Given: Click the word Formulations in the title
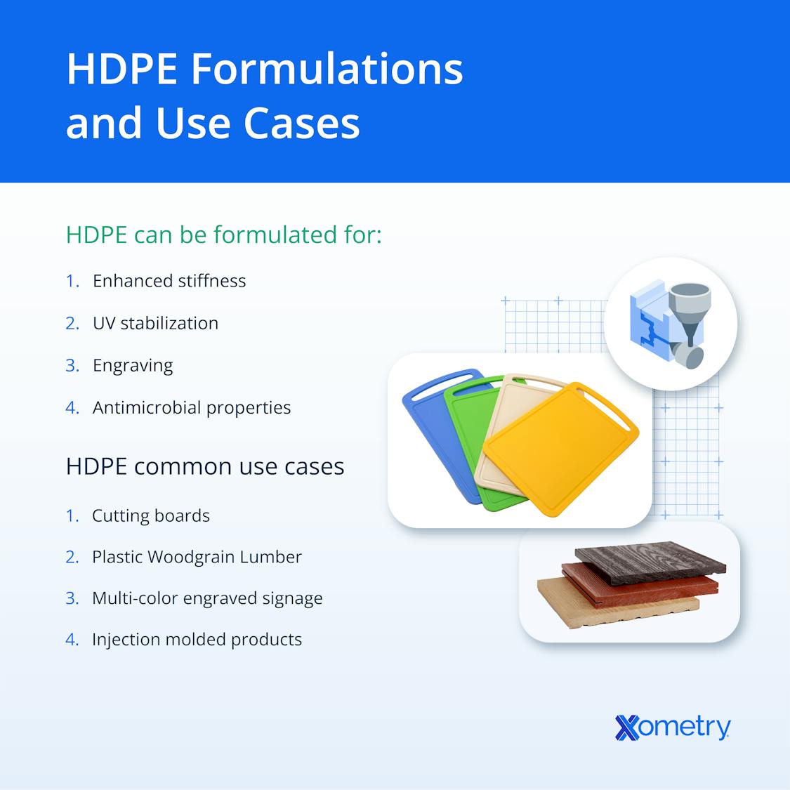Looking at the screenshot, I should click(326, 69).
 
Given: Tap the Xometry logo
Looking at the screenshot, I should click(672, 727).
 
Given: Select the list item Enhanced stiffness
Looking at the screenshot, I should click(169, 281).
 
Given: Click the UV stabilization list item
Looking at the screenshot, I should click(155, 323).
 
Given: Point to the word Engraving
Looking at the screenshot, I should click(133, 365).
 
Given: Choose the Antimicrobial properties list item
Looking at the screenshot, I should click(191, 407).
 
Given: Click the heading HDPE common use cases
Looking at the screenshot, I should click(204, 466).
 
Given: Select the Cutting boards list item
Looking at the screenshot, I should click(150, 515).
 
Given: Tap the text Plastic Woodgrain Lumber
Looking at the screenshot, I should click(197, 557).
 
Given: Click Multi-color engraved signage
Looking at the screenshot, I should click(207, 598).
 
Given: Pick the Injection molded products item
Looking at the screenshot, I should click(197, 640).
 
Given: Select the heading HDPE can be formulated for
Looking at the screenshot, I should click(223, 235).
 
